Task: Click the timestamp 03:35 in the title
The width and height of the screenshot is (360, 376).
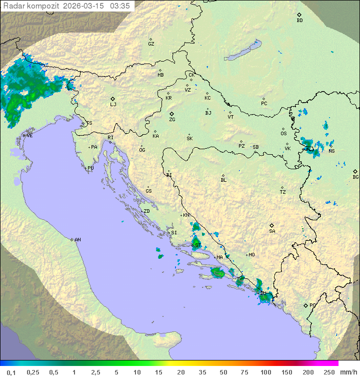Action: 120,6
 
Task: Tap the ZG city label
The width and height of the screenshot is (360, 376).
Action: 172,120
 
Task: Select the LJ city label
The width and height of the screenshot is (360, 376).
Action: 113,105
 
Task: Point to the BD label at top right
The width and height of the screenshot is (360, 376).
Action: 299,21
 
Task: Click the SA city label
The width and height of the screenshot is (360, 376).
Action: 272,231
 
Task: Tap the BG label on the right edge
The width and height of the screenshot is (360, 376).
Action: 355,177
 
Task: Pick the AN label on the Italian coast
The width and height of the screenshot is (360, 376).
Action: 77,240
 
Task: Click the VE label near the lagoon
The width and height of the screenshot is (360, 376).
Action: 29,135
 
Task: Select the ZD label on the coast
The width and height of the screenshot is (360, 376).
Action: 146,211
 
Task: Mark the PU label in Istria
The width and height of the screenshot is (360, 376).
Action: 90,168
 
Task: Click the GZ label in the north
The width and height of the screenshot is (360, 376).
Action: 151,44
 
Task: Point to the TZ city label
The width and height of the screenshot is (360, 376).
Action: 283,192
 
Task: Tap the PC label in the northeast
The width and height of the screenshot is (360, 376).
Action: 264,104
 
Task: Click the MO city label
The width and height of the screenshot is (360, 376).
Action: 251,255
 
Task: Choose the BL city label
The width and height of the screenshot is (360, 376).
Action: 223,180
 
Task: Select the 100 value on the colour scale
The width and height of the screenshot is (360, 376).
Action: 265,372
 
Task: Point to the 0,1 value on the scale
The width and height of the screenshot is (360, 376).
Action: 11,372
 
